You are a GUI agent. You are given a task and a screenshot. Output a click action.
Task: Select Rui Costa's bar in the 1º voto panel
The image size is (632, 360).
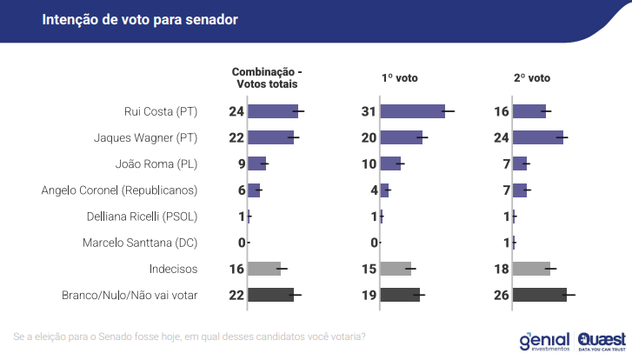pos(412,111)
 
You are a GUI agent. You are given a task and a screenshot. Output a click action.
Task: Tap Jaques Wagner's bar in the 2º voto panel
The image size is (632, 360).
pos(537,137)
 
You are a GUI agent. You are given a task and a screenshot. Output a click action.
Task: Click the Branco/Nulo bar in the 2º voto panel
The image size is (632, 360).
pos(539,296)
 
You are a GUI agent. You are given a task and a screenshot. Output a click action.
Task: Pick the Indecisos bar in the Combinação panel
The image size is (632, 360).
pos(264,269)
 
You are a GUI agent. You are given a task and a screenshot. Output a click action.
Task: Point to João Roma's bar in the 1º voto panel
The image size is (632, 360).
pos(390,163)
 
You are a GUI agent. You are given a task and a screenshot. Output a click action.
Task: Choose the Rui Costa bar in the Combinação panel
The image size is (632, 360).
pos(273,111)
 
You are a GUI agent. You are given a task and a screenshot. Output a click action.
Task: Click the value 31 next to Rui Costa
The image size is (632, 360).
pos(369,111)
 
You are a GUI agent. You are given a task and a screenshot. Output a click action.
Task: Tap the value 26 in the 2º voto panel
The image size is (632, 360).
pos(501,296)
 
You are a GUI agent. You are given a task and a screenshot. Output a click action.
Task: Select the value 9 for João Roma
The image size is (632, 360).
pos(240,163)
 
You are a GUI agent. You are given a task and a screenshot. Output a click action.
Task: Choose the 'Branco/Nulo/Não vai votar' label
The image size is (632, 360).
pos(130,296)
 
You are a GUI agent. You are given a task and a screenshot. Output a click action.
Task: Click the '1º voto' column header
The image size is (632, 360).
pos(400,77)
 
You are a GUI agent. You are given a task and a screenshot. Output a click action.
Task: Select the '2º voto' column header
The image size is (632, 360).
pos(532,77)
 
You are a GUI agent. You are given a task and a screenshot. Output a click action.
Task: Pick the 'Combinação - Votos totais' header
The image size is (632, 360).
pos(267,77)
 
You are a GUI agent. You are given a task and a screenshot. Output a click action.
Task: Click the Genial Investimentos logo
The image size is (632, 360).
pos(543,341)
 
